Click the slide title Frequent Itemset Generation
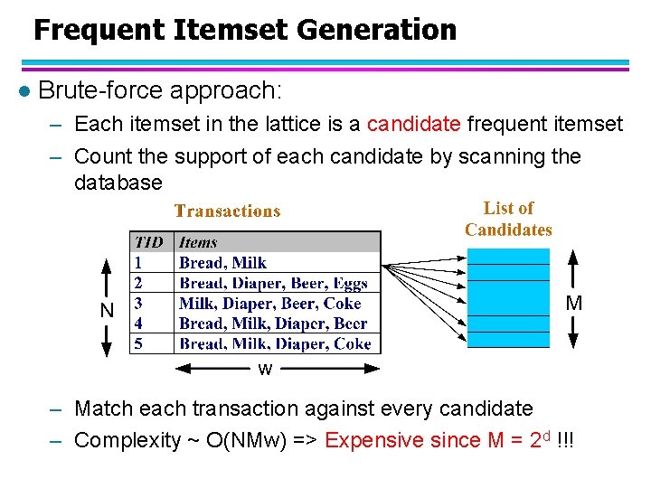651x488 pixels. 245,30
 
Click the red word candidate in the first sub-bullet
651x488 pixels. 414,124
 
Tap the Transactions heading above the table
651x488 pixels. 227,211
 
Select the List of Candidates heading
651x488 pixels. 508,219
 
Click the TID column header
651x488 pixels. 150,242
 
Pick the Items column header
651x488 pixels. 198,242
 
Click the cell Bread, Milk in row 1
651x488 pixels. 222,263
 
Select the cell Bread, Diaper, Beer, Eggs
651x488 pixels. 273,283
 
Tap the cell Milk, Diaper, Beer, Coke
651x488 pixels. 269,304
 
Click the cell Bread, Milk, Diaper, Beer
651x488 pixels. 273,324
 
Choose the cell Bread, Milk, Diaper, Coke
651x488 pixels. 275,343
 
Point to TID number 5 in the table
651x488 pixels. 138,343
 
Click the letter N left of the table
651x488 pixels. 108,309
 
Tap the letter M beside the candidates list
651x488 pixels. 573,304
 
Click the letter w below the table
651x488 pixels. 265,369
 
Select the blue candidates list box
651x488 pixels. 508,298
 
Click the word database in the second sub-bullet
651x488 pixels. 118,182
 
